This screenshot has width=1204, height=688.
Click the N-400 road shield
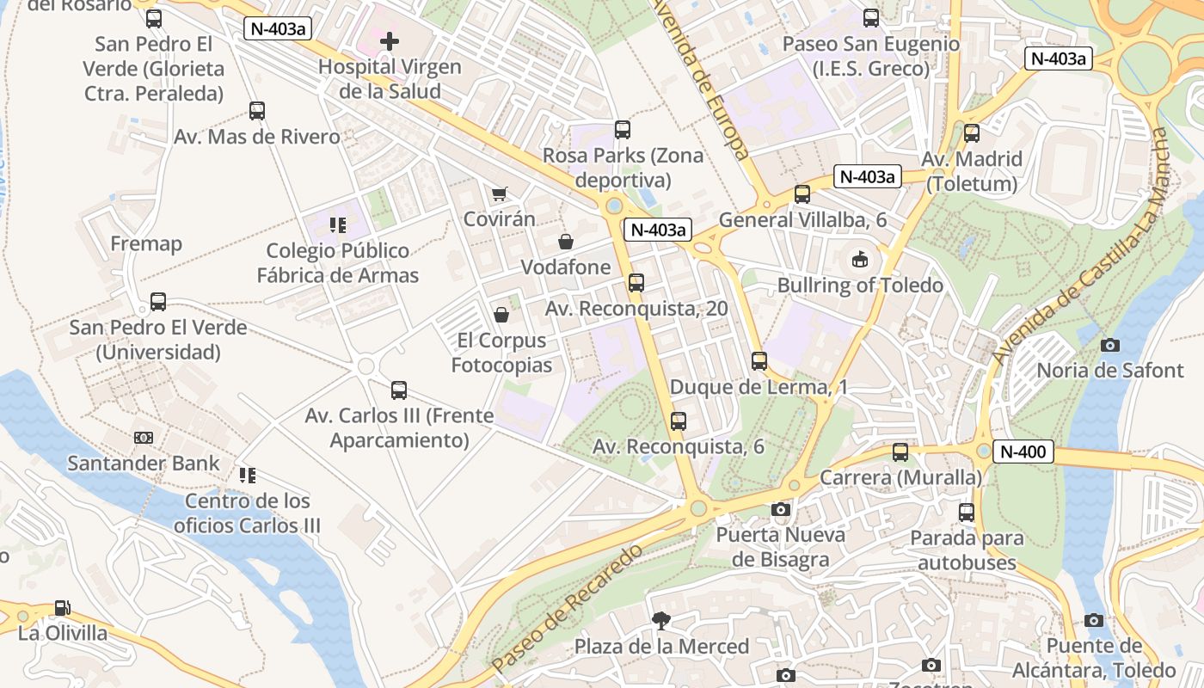point(1023,451)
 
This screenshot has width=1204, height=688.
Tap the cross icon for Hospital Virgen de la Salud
point(390,40)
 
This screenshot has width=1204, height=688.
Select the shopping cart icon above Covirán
point(499,194)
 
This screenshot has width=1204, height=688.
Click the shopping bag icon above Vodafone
point(566,242)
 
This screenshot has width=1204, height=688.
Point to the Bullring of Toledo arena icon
point(859,259)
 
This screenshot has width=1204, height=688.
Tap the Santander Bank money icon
point(144,438)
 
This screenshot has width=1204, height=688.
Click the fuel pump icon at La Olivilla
point(63,608)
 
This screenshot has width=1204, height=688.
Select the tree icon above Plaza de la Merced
point(661,620)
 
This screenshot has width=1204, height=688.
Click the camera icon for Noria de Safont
point(1110,345)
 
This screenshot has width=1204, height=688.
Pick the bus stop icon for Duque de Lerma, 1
point(759,361)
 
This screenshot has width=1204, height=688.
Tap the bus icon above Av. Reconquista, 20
point(636,282)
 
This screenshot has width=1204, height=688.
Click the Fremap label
point(146,243)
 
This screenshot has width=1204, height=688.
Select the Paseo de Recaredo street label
point(568,608)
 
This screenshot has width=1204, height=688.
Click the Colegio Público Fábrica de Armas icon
point(338,225)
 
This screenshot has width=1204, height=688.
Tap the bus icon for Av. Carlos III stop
point(399,390)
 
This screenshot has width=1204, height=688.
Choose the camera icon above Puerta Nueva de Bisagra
point(781,509)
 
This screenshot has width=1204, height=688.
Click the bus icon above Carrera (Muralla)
point(900,451)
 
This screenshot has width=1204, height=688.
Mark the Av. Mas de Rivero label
point(257,137)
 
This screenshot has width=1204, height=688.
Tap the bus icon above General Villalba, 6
point(802,194)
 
